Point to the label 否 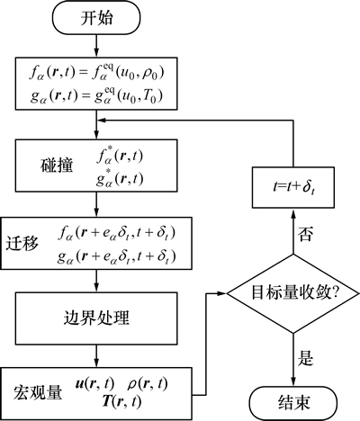305,234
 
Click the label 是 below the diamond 305,358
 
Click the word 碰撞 57,166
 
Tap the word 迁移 22,243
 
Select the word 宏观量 38,393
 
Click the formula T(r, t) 121,401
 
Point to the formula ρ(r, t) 148,384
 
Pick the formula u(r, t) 94,384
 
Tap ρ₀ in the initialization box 149,74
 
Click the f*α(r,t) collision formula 120,157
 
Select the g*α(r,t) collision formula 120,179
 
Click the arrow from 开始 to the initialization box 96,46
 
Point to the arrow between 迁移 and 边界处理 96,281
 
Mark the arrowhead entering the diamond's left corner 221,293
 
